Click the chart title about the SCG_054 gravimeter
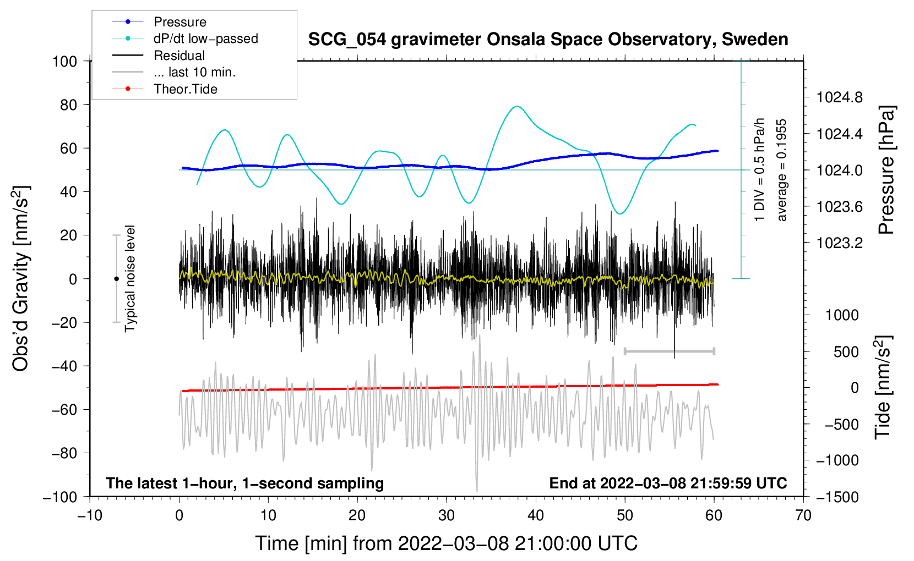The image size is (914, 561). pyautogui.click(x=548, y=40)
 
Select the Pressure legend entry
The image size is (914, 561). pyautogui.click(x=179, y=22)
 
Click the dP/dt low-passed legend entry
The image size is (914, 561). pyautogui.click(x=205, y=38)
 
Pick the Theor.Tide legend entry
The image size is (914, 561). pyautogui.click(x=185, y=89)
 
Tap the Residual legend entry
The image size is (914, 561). pyautogui.click(x=179, y=56)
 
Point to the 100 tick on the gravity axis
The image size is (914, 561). pyautogui.click(x=64, y=61)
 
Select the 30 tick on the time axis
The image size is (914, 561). pyautogui.click(x=447, y=515)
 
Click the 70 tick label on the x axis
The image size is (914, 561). pyautogui.click(x=803, y=515)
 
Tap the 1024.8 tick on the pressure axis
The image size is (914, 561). pyautogui.click(x=839, y=98)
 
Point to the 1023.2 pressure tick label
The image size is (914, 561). pyautogui.click(x=839, y=243)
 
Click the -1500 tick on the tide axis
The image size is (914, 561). pyautogui.click(x=837, y=497)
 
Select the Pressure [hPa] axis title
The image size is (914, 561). pyautogui.click(x=886, y=170)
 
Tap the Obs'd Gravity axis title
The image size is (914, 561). pyautogui.click(x=21, y=278)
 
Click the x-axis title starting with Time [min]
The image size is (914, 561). pyautogui.click(x=447, y=543)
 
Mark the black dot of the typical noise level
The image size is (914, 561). pyautogui.click(x=116, y=279)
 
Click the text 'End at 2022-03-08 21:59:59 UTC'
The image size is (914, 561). pyautogui.click(x=668, y=483)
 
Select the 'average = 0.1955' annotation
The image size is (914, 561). pyautogui.click(x=782, y=170)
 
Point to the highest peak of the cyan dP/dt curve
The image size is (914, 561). pyautogui.click(x=516, y=106)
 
